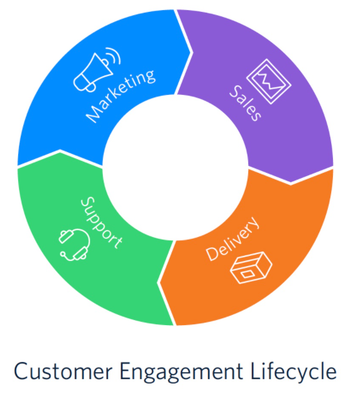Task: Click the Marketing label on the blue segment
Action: pos(121,96)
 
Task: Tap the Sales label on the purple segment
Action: pos(245,103)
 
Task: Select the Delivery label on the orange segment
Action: pos(232,238)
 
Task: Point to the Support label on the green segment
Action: pos(102,223)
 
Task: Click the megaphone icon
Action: pos(97,70)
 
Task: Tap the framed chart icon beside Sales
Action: pos(269,82)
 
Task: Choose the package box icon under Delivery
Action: pos(251,268)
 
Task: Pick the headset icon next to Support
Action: pos(75,245)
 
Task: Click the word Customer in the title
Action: pos(63,372)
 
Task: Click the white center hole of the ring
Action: pos(175,167)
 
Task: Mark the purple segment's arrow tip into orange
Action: pos(291,182)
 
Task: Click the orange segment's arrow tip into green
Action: pos(160,282)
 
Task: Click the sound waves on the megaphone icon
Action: pos(114,55)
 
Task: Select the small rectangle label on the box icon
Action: pos(246,274)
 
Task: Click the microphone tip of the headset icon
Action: pos(63,253)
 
